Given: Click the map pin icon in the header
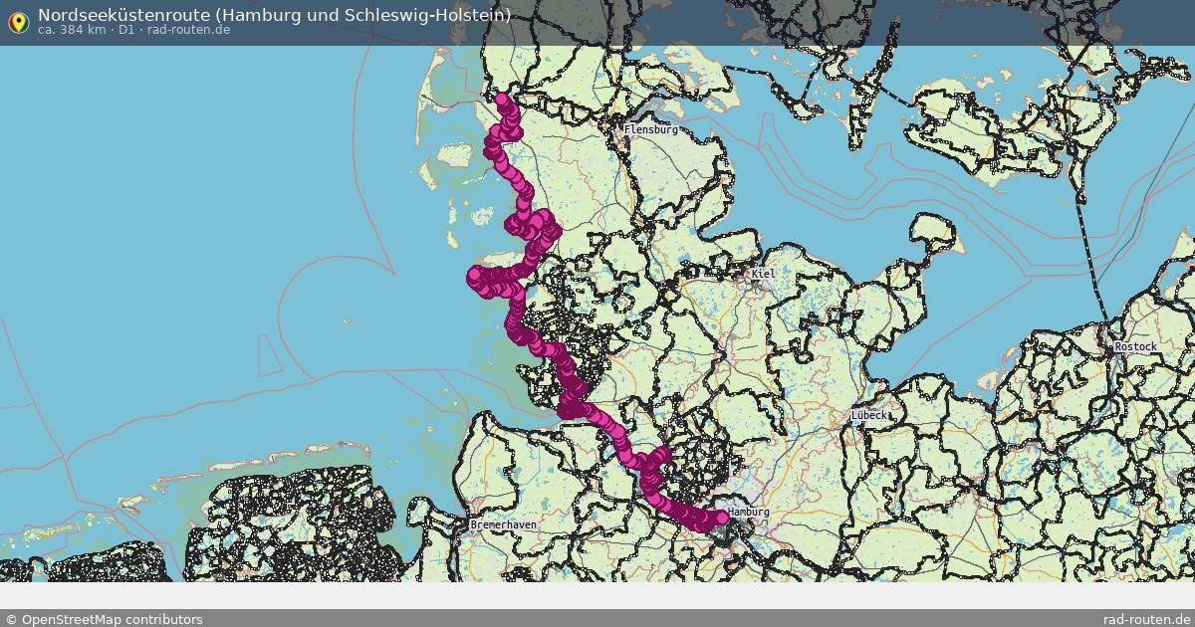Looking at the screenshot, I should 18,22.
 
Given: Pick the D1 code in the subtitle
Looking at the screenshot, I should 126,30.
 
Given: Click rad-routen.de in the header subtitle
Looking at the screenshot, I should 189,30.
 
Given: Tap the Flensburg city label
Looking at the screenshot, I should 650,129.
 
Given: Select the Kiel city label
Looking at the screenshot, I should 764,274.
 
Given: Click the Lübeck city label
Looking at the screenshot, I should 868,415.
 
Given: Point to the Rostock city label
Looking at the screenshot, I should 1135,346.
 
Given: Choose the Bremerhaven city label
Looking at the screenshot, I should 503,524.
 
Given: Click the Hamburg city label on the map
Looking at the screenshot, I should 749,512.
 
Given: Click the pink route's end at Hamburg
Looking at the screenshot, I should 722,517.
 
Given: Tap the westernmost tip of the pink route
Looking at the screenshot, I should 474,277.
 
